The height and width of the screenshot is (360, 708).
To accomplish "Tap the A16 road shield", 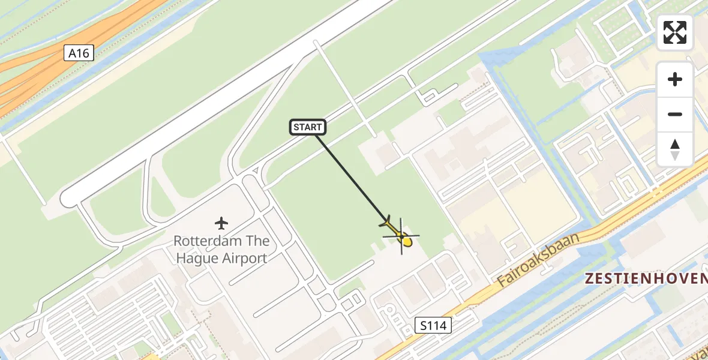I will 79,53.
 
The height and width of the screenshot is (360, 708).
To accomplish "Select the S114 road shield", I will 433,326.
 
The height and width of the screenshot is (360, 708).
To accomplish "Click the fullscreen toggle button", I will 675,32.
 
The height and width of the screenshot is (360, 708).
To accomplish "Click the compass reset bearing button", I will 675,149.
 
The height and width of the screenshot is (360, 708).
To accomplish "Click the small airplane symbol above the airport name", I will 221,224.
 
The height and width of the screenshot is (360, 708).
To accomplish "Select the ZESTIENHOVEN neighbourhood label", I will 646,278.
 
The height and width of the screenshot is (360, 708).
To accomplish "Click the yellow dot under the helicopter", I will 407,242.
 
